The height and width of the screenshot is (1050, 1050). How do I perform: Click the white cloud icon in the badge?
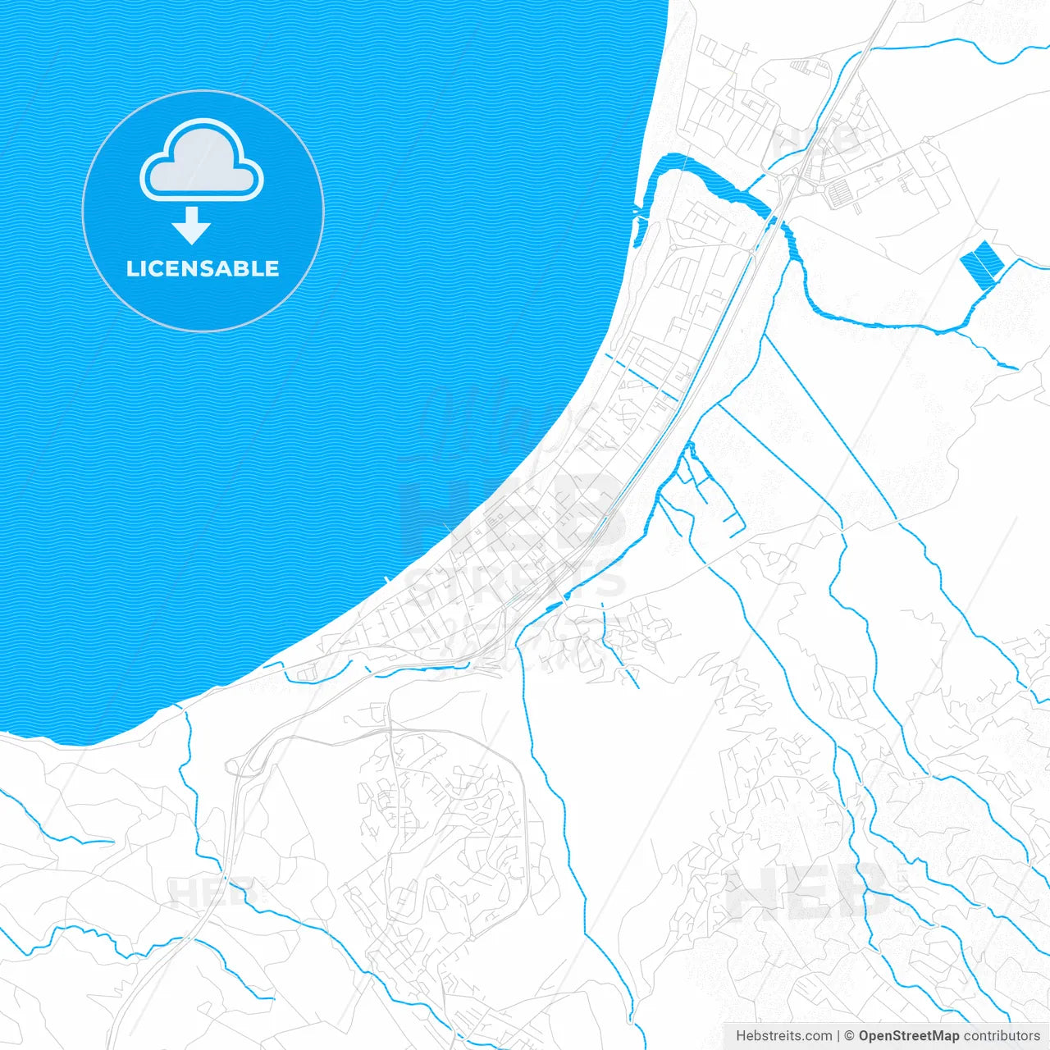pos(202,160)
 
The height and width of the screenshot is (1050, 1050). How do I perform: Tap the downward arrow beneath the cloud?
pos(192,226)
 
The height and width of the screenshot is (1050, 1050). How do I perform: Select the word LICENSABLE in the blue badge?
pos(203,268)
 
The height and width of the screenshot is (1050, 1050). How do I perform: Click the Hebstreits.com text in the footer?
pos(783,1036)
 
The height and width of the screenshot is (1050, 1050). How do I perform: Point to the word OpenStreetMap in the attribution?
pos(908,1036)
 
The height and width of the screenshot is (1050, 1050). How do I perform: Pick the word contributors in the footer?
pos(1002,1036)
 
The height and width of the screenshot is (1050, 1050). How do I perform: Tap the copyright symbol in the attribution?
pos(849,1036)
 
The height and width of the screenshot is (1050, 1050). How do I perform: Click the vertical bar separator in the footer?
pos(838,1036)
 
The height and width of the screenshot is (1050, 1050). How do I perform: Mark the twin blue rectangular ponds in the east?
pos(981,262)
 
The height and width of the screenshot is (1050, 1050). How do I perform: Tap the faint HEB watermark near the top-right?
pos(816,141)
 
